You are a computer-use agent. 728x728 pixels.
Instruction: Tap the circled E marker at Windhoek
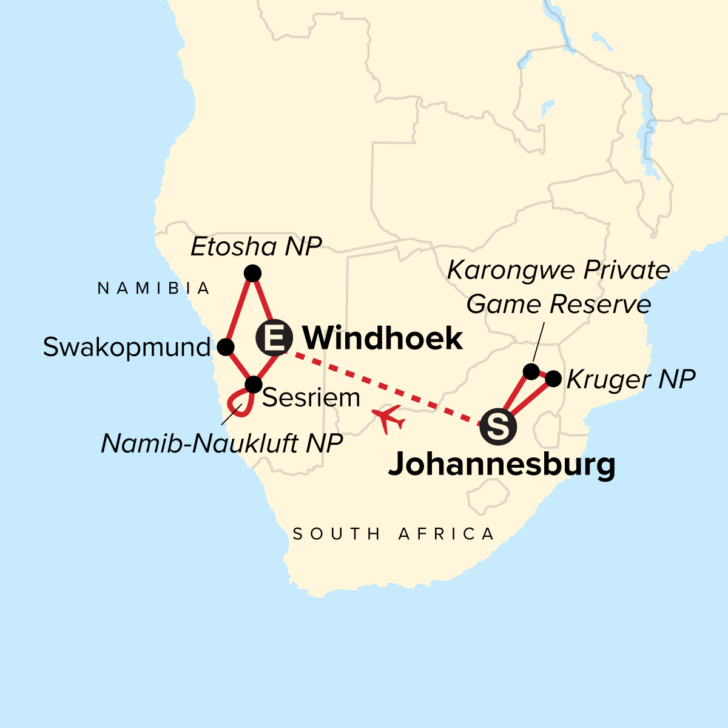275,337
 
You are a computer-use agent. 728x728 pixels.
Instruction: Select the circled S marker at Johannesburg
498,427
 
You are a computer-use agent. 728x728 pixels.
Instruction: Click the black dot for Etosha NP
252,274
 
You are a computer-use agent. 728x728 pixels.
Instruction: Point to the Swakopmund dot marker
226,347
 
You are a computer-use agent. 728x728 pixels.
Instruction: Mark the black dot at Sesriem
253,384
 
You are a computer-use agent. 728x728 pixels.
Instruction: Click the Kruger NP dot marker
553,379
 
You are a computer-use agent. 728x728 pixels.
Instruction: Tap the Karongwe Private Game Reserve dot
531,371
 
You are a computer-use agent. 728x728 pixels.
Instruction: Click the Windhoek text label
382,338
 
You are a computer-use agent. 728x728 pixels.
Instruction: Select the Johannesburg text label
502,465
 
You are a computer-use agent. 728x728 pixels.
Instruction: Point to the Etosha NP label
255,247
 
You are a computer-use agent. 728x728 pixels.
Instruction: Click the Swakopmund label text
127,348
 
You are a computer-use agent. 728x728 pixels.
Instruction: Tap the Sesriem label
311,398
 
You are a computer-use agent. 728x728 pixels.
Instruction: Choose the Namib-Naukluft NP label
222,444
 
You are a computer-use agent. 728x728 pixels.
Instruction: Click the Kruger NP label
630,380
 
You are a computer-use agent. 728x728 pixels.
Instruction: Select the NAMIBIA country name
154,289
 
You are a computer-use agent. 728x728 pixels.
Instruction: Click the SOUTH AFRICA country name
394,534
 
